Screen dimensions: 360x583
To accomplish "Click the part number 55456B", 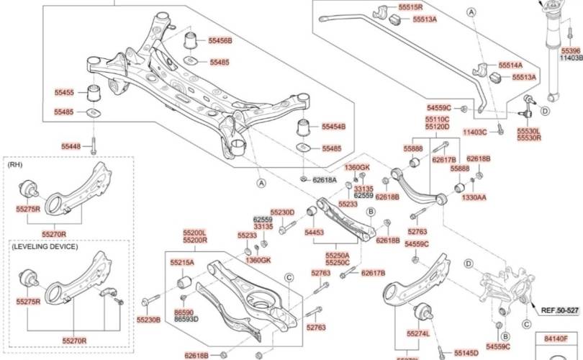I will [x=220, y=41].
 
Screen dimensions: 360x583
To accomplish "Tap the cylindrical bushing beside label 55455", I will [x=93, y=93].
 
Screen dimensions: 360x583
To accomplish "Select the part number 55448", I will [x=71, y=146].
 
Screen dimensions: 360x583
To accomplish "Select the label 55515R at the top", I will [x=410, y=6].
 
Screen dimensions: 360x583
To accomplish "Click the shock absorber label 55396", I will [x=571, y=51].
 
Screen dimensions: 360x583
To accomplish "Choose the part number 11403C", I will [x=475, y=132].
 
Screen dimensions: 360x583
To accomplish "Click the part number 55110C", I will [x=437, y=119].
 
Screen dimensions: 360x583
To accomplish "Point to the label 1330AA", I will [x=474, y=197].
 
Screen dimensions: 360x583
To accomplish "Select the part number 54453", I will [x=314, y=233].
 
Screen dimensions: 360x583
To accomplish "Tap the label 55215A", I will [x=182, y=264].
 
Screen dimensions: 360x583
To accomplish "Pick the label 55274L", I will [x=417, y=334].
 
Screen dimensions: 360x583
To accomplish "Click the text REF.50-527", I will [x=559, y=310].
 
